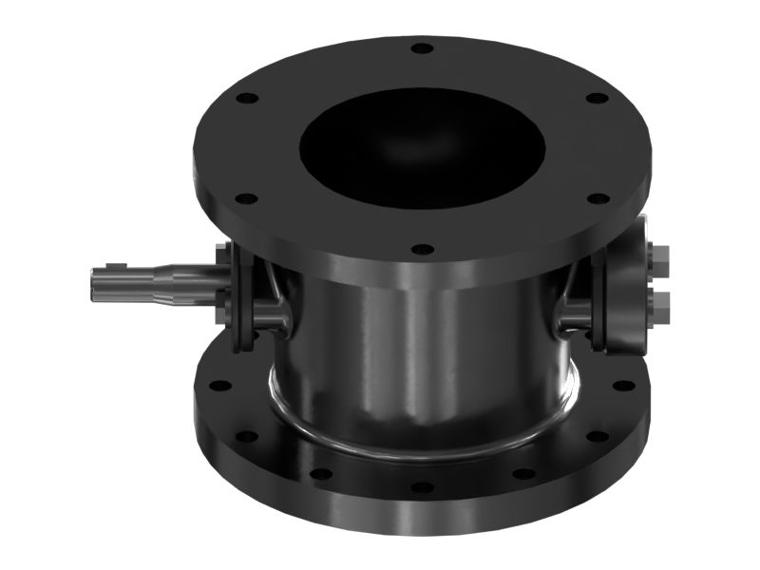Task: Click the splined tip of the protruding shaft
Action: pyautogui.click(x=106, y=283)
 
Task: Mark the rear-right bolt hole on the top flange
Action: pyautogui.click(x=597, y=98)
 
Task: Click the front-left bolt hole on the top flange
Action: pyautogui.click(x=246, y=199)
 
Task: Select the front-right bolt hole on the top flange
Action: pyautogui.click(x=598, y=199)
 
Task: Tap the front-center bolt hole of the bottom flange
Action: pyautogui.click(x=422, y=487)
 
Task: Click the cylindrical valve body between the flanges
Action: pyautogui.click(x=418, y=351)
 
